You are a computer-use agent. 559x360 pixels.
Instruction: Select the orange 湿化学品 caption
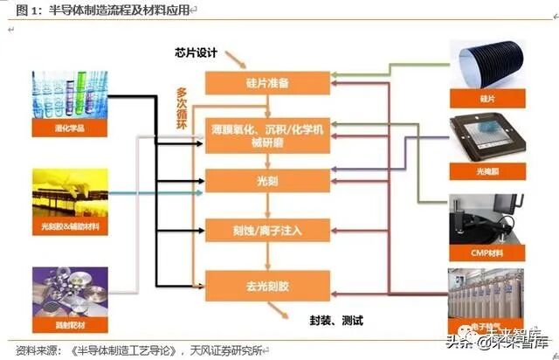pyautogui.click(x=69, y=128)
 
